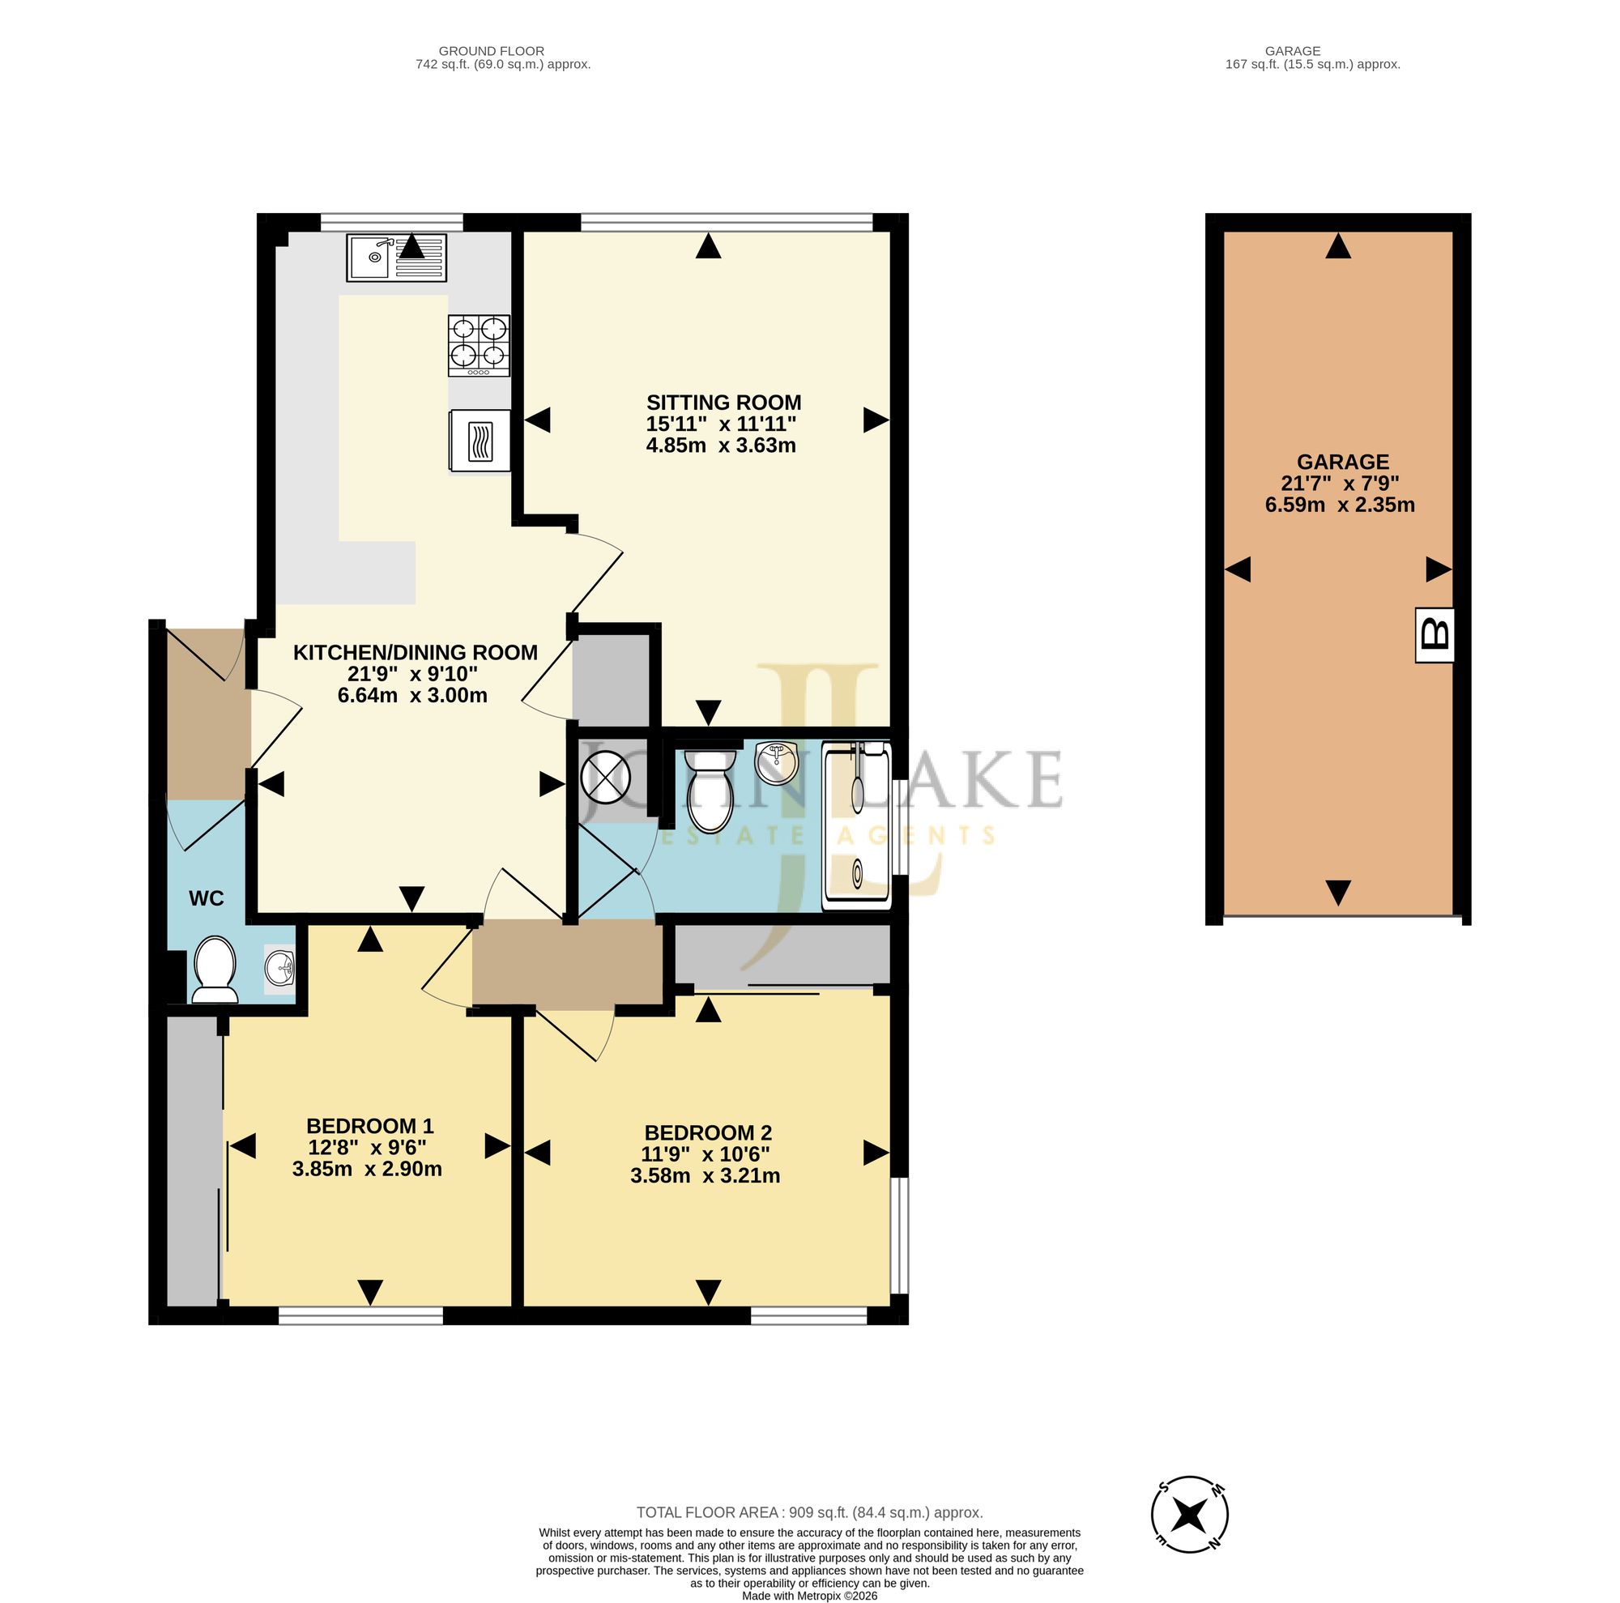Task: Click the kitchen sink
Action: [396, 258]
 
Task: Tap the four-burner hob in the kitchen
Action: [479, 345]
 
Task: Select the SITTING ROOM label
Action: [723, 403]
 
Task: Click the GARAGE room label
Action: [1342, 462]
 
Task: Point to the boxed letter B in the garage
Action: [1435, 635]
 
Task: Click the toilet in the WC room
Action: [215, 970]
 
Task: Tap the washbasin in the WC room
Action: [279, 970]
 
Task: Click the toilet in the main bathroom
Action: [710, 791]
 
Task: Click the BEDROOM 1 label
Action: [370, 1126]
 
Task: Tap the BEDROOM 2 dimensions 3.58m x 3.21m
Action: [706, 1176]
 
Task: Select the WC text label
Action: [207, 899]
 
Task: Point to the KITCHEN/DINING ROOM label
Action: [415, 652]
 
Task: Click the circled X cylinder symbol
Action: [605, 776]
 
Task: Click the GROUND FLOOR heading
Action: [492, 51]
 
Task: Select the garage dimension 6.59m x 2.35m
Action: [1340, 505]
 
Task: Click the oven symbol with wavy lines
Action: [480, 441]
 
